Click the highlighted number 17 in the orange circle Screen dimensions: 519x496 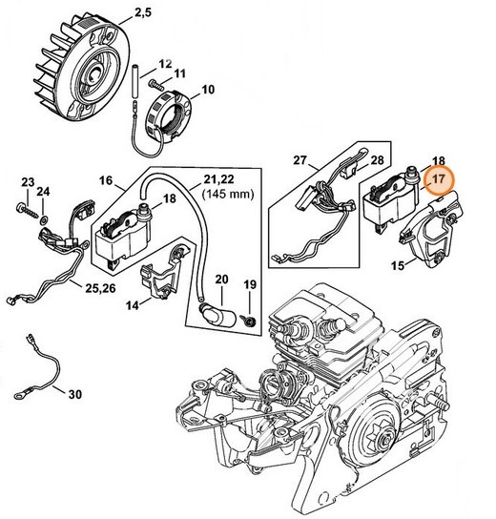(438, 178)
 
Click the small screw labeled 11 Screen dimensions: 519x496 (179, 73)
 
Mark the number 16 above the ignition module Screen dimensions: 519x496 (104, 178)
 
